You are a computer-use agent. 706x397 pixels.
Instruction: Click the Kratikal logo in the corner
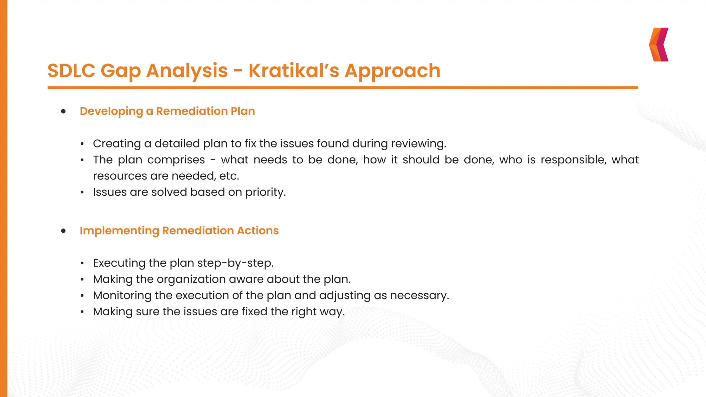(659, 44)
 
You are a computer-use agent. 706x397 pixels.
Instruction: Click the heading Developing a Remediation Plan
(167, 111)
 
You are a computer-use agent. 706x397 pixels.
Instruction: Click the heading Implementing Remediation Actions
(179, 231)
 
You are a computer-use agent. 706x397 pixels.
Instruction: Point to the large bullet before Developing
(63, 111)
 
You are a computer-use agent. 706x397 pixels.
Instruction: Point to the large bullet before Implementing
(63, 231)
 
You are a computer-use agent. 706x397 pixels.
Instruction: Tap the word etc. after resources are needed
(229, 176)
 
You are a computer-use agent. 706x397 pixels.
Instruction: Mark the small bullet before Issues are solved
(82, 193)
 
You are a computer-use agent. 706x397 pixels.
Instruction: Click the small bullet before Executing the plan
(82, 264)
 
